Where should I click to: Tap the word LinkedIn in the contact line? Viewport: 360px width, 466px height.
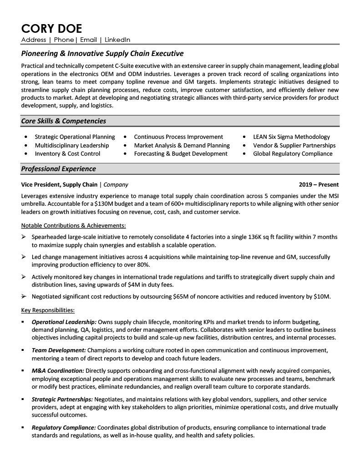117,40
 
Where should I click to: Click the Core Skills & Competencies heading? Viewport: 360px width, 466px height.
63,121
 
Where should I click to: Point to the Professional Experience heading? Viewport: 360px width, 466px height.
58,169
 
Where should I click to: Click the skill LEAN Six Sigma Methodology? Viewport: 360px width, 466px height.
291,137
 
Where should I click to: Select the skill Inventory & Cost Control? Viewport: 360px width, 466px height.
67,154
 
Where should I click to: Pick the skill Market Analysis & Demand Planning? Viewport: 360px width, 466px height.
182,145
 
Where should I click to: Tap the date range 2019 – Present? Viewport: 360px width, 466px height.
319,185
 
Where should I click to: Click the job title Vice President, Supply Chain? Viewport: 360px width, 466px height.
59,185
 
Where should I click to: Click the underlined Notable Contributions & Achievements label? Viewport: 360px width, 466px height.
74,225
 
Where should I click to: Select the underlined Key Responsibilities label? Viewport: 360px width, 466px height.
48,310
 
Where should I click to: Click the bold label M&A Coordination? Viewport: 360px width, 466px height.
58,370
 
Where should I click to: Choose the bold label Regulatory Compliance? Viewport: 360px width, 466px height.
64,428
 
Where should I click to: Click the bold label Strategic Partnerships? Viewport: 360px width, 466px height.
62,399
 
